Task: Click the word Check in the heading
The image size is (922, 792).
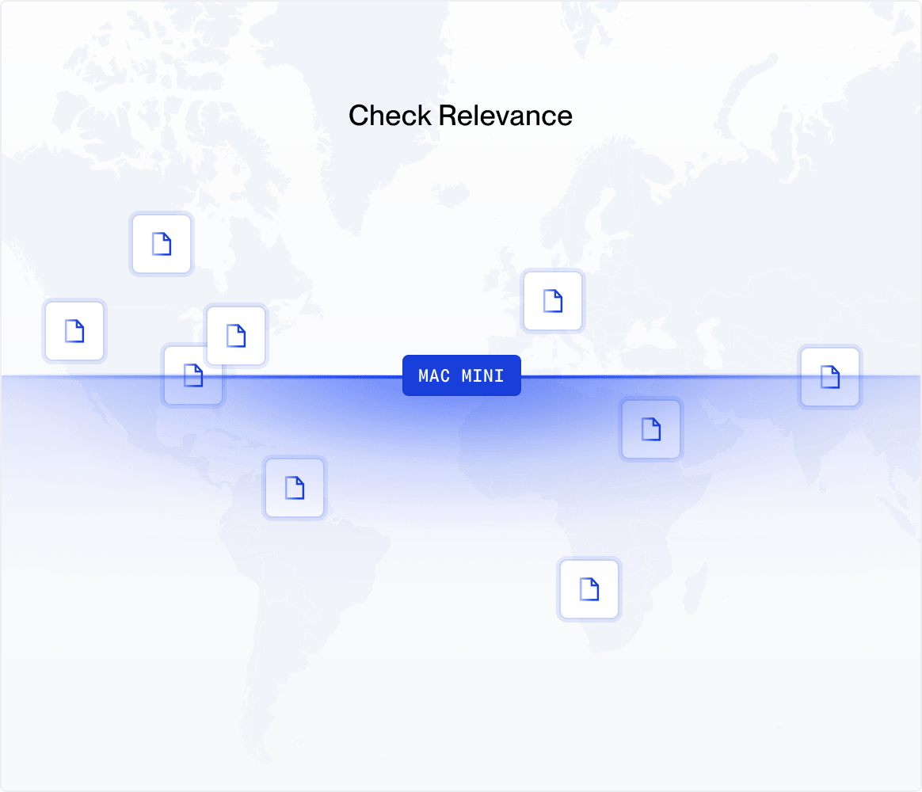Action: (391, 116)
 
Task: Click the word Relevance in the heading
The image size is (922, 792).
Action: (505, 116)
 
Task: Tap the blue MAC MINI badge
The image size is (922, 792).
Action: (461, 375)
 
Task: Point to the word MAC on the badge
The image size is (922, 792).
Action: (434, 375)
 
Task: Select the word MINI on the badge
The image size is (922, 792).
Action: (483, 375)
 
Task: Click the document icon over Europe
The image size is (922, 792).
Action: (552, 301)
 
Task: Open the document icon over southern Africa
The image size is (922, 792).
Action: (589, 589)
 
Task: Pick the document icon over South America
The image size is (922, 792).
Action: (295, 488)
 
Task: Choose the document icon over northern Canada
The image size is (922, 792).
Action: (162, 244)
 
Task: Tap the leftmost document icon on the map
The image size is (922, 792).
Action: (74, 331)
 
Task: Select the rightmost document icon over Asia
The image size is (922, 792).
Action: (829, 377)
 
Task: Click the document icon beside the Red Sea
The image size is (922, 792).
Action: (650, 430)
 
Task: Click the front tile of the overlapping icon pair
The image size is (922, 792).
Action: (236, 336)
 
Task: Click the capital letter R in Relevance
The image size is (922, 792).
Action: (448, 116)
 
